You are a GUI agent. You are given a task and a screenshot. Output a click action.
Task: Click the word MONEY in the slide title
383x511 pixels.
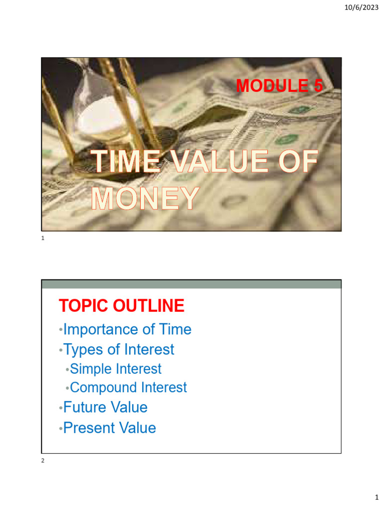point(145,199)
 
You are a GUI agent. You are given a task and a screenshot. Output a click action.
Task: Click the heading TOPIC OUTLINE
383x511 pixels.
point(121,306)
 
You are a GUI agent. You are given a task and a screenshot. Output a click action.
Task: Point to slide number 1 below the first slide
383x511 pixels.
point(43,239)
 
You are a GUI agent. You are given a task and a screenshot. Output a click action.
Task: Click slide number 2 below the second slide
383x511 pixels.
point(43,461)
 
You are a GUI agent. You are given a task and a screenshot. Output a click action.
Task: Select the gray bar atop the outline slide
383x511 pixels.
point(191,284)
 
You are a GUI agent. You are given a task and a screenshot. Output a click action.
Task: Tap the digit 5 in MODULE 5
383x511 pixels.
point(317,86)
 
